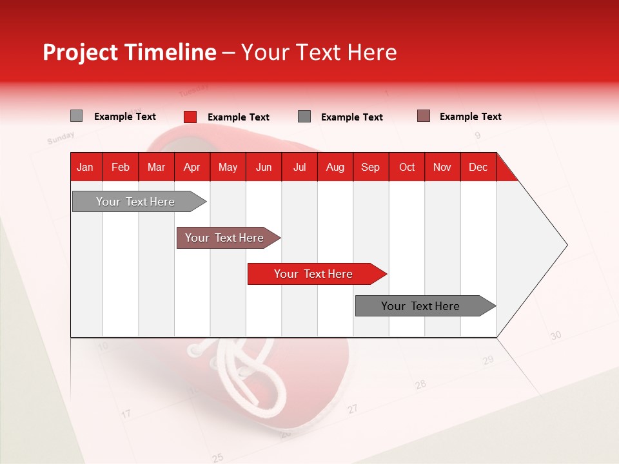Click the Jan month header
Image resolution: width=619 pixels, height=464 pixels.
(85, 167)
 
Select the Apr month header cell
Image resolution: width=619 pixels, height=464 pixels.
(192, 167)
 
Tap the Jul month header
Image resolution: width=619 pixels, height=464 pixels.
(299, 167)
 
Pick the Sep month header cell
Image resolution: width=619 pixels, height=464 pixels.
(370, 167)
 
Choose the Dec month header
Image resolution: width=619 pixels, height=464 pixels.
(478, 167)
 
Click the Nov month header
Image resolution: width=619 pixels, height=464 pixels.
(442, 167)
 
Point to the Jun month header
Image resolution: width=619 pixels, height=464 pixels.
(264, 167)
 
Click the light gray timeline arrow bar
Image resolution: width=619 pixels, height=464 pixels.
(135, 202)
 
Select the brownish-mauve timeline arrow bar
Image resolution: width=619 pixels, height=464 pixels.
(224, 238)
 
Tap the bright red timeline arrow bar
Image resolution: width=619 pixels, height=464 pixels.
(313, 274)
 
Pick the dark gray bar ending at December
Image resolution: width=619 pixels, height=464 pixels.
(420, 306)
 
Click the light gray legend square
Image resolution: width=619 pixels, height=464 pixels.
(76, 116)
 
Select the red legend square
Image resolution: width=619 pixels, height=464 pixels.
(190, 117)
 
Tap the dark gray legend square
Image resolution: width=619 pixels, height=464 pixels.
(304, 117)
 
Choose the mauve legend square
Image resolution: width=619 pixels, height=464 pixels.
(423, 116)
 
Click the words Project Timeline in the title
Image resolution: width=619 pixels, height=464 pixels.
(129, 52)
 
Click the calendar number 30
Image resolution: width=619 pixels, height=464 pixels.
(556, 336)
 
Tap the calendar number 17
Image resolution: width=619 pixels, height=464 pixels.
(126, 413)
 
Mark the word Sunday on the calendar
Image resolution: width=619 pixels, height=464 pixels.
(61, 138)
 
